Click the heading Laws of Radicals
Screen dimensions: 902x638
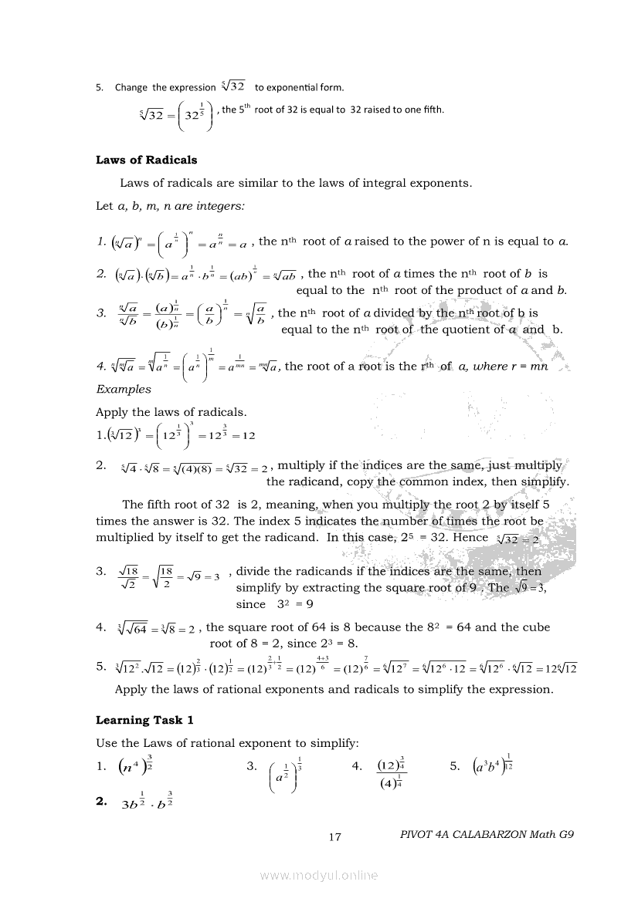[x=146, y=160]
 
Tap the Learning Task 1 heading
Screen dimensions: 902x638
[x=144, y=720]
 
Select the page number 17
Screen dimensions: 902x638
[x=334, y=836]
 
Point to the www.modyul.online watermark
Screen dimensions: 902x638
[x=319, y=875]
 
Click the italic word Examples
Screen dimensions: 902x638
[x=124, y=389]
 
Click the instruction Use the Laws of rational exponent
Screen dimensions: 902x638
[x=226, y=743]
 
